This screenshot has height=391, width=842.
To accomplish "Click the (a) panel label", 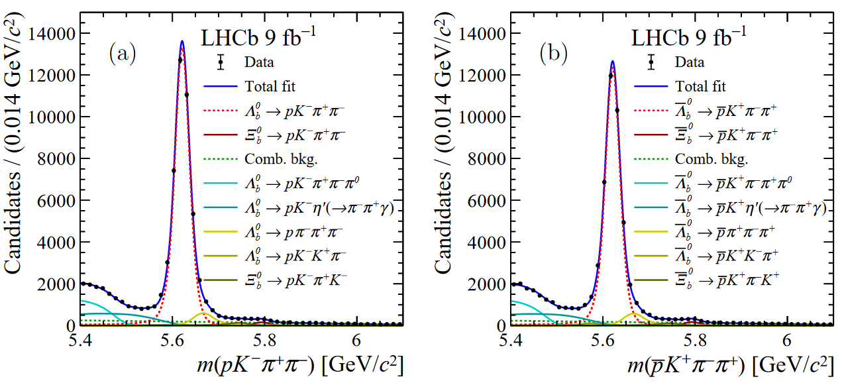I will click(x=122, y=54).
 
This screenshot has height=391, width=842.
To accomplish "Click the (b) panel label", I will click(x=553, y=54).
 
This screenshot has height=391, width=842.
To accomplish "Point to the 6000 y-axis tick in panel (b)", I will click(x=486, y=200).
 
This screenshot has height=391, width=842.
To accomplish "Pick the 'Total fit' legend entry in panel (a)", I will click(x=270, y=86).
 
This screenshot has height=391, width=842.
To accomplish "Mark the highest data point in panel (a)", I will click(x=180, y=60).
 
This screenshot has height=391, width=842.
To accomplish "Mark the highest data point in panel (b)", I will click(x=610, y=75).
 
